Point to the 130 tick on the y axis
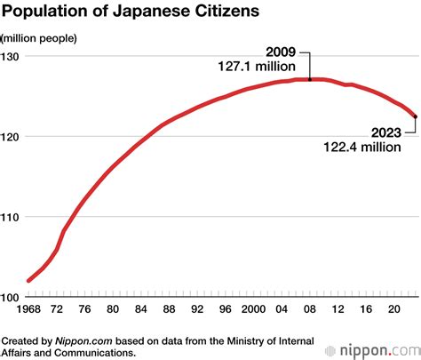pyautogui.click(x=13, y=56)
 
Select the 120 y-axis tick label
pyautogui.click(x=13, y=136)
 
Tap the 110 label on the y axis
pyautogui.click(x=13, y=217)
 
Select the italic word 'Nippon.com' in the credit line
pyautogui.click(x=78, y=340)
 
